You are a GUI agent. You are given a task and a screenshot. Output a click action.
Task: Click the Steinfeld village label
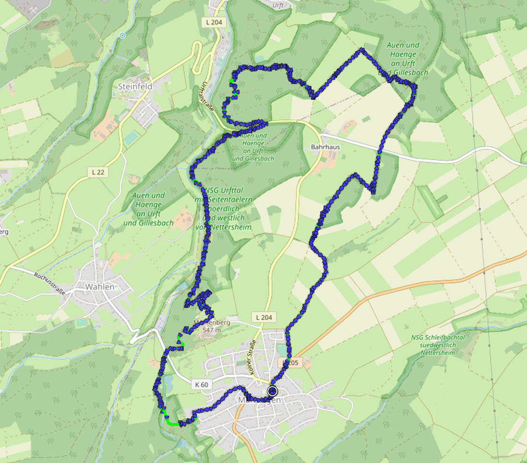pos(135,87)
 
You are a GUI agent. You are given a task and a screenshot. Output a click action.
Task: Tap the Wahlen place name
pos(100,287)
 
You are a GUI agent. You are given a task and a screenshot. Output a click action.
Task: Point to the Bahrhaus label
pos(325,147)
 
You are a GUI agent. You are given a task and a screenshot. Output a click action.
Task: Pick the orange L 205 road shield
pos(291,363)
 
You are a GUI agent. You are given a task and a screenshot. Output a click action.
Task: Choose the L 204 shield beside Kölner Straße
pos(264,317)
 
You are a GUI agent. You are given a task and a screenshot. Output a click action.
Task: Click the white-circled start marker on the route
pos(273,391)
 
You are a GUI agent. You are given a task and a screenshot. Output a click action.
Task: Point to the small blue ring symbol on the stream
pos(123,35)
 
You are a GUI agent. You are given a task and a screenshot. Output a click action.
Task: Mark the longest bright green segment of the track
pos(171,423)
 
